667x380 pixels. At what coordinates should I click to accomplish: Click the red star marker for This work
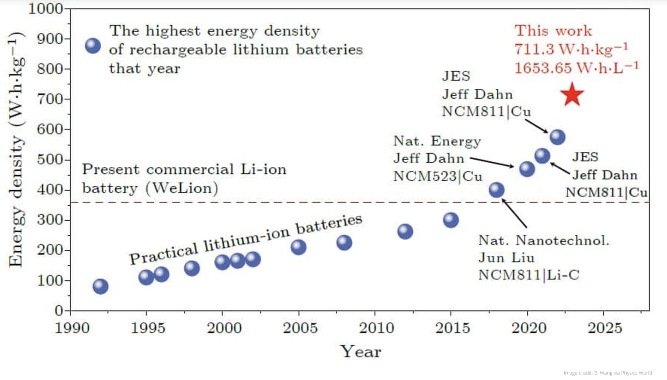572,95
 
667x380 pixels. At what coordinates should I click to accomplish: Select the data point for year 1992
100,286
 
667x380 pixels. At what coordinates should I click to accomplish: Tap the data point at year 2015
451,220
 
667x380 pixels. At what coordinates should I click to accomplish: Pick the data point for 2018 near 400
497,190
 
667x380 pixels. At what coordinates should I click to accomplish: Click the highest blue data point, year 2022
557,137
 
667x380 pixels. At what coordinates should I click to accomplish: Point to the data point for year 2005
298,247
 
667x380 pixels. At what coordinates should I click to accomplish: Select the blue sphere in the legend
93,46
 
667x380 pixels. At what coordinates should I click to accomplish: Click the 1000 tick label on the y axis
46,9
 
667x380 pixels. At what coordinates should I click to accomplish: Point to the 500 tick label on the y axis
50,160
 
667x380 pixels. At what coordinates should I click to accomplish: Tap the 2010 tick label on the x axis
376,328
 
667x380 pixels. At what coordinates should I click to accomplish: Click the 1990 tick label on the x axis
72,328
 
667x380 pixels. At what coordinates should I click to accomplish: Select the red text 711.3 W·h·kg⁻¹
571,49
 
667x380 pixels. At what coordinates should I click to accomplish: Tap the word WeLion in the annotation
182,188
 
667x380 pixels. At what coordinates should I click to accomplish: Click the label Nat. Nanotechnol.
543,241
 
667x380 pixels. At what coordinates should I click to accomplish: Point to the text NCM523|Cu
437,176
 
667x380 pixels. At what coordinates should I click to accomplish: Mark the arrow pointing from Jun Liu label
515,214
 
